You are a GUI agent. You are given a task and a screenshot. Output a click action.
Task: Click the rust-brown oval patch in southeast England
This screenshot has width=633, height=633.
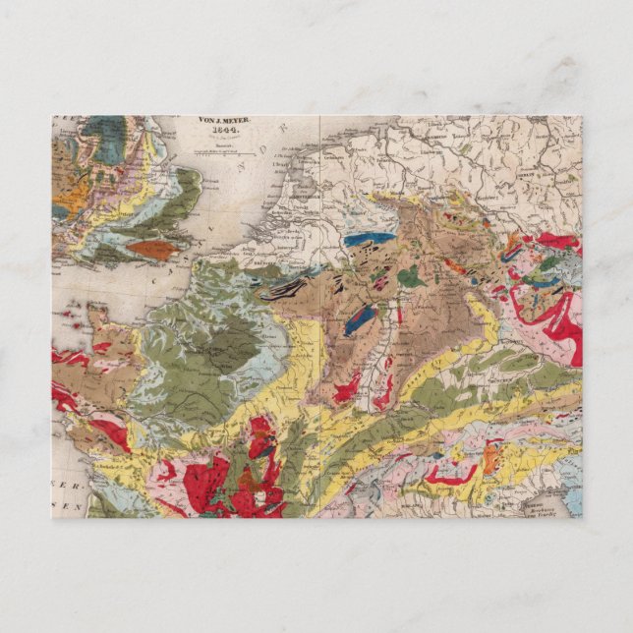(x=153, y=250)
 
